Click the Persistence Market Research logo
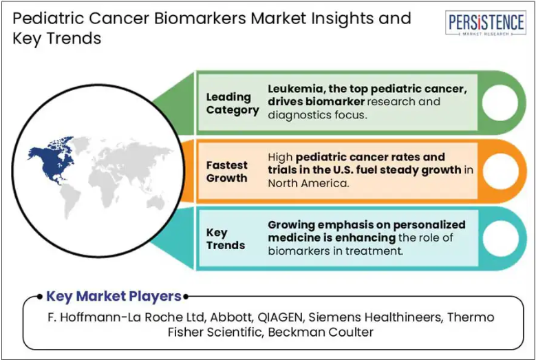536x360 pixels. point(485,23)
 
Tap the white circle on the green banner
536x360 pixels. point(500,103)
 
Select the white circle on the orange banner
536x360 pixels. point(500,171)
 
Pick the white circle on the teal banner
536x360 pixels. point(500,239)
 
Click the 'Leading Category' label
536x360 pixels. point(233,103)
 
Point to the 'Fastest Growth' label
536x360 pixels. point(226,171)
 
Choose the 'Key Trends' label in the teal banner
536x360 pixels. point(226,239)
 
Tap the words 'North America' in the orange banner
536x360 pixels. point(308,183)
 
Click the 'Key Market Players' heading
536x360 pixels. point(114,296)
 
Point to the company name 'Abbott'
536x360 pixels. point(231,317)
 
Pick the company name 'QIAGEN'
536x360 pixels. point(279,317)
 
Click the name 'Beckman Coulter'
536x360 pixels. point(321,332)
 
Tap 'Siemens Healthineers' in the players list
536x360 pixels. point(375,317)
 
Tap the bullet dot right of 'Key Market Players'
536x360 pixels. point(186,297)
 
